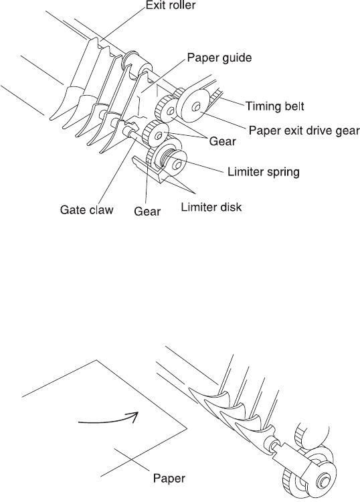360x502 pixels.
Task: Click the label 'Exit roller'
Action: coord(170,6)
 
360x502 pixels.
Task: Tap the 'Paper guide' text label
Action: coord(219,58)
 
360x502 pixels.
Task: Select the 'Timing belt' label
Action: coord(274,106)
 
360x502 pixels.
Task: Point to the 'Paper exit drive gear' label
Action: coord(304,131)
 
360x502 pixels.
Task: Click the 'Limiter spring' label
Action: coord(264,172)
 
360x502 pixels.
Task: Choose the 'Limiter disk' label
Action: coord(211,207)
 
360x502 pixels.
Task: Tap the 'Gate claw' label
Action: coord(87,210)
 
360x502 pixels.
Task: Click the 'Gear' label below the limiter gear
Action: coord(147,212)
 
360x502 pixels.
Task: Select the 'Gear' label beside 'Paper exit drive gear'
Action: coord(222,141)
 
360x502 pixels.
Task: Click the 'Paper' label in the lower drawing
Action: coord(169,479)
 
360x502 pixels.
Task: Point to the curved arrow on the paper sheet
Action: coord(108,418)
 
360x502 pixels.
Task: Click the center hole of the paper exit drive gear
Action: coord(196,107)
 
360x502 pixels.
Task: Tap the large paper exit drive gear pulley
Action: coord(195,106)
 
